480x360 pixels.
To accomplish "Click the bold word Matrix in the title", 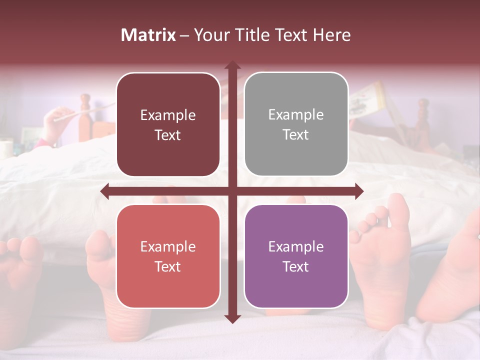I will click(x=148, y=35).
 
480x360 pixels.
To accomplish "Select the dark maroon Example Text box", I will click(x=168, y=124).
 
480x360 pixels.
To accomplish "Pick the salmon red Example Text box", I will click(x=168, y=256).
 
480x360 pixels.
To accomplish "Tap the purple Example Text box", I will click(x=296, y=256).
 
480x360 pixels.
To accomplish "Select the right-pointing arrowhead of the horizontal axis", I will click(x=358, y=191).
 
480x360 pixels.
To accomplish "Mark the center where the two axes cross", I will click(x=232, y=191).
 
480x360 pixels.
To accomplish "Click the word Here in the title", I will click(x=331, y=35).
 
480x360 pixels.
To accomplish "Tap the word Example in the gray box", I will click(x=296, y=115).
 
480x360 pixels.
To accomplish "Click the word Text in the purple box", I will click(x=296, y=266).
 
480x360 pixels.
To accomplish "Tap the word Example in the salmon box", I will click(x=168, y=246).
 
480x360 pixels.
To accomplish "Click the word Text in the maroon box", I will click(x=168, y=135).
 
